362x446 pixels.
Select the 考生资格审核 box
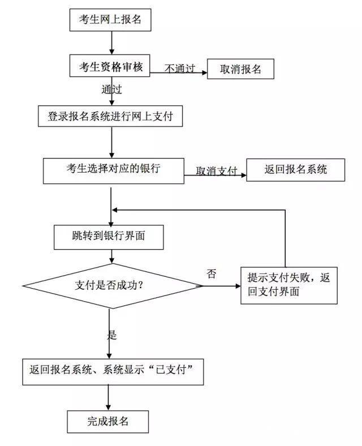(110, 66)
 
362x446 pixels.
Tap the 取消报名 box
(240, 68)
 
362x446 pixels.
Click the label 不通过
(180, 68)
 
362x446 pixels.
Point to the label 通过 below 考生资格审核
(111, 89)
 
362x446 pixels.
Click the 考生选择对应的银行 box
(114, 169)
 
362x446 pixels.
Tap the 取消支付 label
(216, 171)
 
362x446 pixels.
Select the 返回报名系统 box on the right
(295, 169)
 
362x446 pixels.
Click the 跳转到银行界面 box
(109, 237)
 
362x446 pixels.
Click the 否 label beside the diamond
(211, 275)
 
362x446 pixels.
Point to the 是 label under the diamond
(111, 334)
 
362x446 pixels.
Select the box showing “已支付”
(113, 371)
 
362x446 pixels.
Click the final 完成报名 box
(108, 422)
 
